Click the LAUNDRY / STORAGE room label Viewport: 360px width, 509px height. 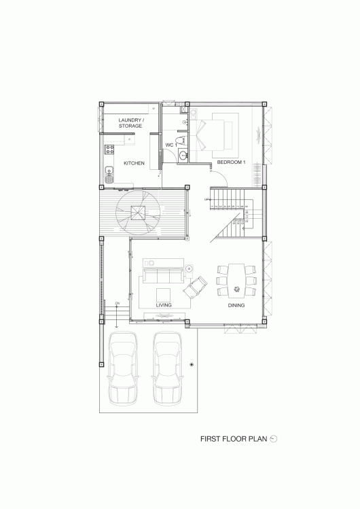[x=130, y=123]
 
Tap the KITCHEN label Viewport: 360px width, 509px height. [x=134, y=163]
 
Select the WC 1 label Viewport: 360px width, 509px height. [x=171, y=145]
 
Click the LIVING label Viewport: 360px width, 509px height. [x=164, y=305]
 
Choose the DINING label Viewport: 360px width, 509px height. [x=236, y=305]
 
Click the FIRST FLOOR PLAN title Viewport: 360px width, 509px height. [x=234, y=439]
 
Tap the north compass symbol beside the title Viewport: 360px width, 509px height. [x=274, y=439]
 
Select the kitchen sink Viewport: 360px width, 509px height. [x=109, y=175]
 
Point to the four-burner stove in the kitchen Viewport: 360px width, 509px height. [x=109, y=150]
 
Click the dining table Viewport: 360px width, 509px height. [x=236, y=281]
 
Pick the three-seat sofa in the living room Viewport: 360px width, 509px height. [x=164, y=276]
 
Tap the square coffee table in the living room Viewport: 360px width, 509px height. [x=163, y=295]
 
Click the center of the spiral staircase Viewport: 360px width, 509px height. [x=139, y=213]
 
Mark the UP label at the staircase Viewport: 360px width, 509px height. [x=206, y=199]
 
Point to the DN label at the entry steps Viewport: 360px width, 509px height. [x=117, y=303]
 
